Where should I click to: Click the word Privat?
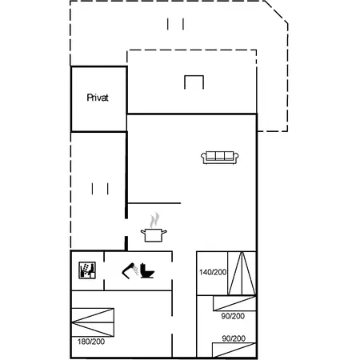[x=98, y=98]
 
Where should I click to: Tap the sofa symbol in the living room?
[x=220, y=158]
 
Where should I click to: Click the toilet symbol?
[x=147, y=270]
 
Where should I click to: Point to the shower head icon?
[x=130, y=270]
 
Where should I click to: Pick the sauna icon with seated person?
[x=87, y=270]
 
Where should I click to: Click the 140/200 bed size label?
[x=213, y=272]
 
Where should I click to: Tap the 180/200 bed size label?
[x=91, y=342]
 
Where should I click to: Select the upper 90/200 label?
[x=233, y=316]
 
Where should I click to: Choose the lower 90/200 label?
[x=234, y=338]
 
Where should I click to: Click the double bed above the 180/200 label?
[x=93, y=322]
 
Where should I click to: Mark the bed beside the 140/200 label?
[x=242, y=274]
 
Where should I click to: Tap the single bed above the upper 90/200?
[x=234, y=303]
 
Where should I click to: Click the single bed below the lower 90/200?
[x=234, y=350]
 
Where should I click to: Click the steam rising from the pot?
[x=154, y=220]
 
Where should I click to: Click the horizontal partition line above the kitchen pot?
[x=154, y=203]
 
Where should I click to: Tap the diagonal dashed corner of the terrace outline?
[x=276, y=12]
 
